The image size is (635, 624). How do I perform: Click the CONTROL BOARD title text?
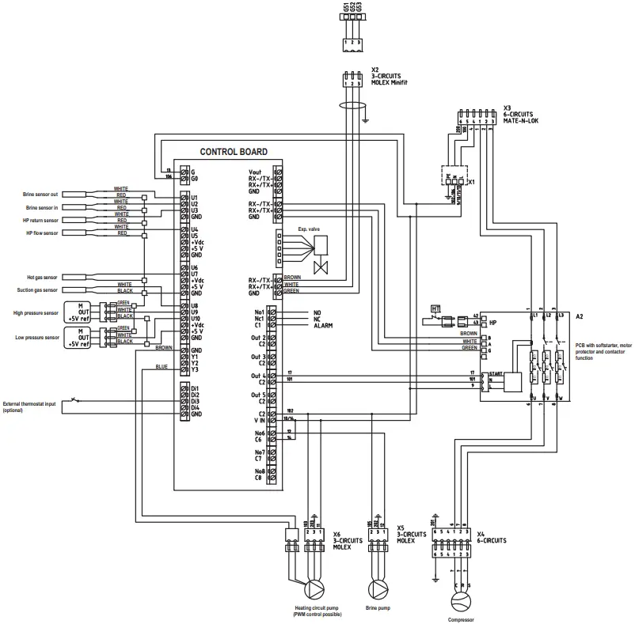pyautogui.click(x=233, y=151)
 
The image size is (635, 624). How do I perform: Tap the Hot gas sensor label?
pyautogui.click(x=40, y=278)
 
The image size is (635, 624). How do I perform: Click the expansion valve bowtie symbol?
pyautogui.click(x=321, y=267)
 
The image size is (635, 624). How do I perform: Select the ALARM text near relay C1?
pyautogui.click(x=322, y=325)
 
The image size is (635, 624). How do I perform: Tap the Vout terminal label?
pyautogui.click(x=255, y=171)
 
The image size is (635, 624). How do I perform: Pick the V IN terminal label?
pyautogui.click(x=255, y=421)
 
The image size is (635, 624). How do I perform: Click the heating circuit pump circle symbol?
pyautogui.click(x=315, y=589)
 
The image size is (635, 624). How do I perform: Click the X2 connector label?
pyautogui.click(x=375, y=70)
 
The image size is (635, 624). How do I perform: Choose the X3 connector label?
pyautogui.click(x=507, y=107)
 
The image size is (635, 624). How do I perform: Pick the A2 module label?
pyautogui.click(x=580, y=316)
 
